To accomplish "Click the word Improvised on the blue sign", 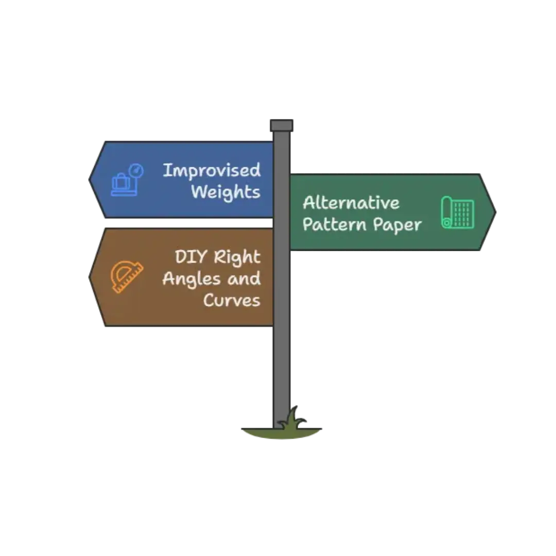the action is (212, 171).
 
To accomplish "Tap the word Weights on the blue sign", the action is (225, 193).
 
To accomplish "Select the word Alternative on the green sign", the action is (351, 203).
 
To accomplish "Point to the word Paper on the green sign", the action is (397, 224).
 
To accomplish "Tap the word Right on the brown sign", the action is (237, 257).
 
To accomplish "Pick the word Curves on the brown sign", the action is (232, 300).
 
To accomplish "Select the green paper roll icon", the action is (457, 212).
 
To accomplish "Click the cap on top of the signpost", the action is (282, 124).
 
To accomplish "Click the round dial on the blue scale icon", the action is (136, 169).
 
